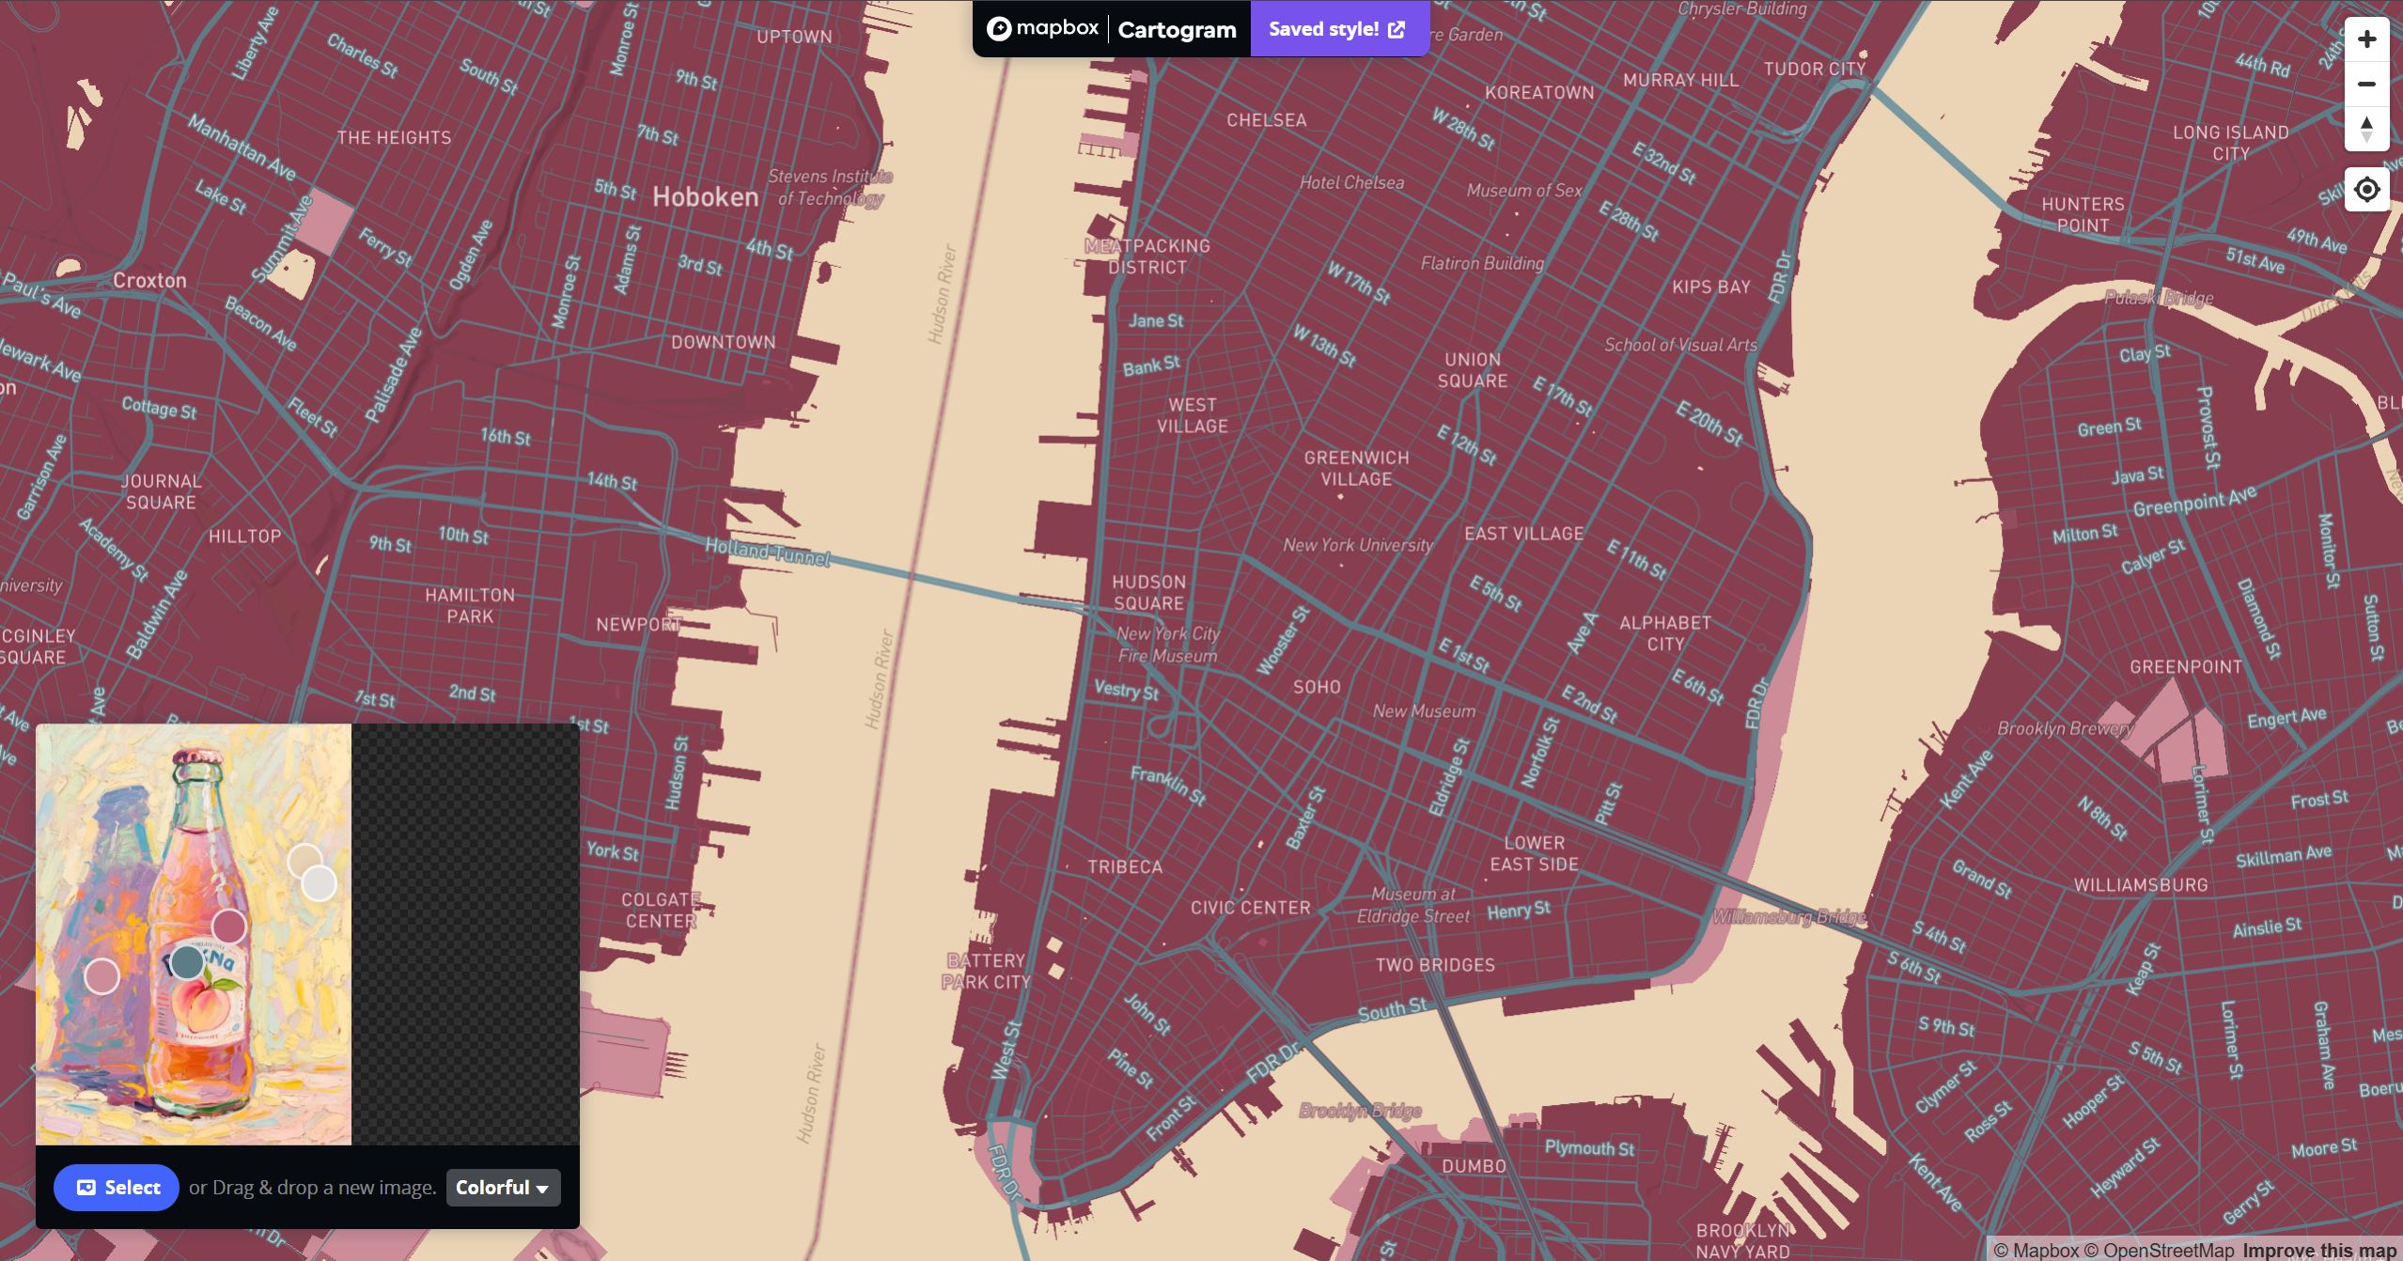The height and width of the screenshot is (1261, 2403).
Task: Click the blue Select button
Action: (x=117, y=1188)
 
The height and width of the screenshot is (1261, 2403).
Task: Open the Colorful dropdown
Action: (x=503, y=1188)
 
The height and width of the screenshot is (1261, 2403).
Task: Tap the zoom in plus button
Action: (x=2366, y=39)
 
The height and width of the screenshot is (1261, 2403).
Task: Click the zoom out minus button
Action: (x=2366, y=85)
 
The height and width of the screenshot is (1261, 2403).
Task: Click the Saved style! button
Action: (x=1337, y=29)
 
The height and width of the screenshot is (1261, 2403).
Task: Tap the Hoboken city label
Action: (x=705, y=197)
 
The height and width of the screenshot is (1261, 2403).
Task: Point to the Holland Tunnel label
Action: (x=767, y=552)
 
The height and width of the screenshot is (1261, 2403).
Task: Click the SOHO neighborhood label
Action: (x=1317, y=687)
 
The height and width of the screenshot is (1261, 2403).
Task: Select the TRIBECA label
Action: (x=1125, y=866)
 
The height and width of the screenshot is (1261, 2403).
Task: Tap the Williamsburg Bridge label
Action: (x=1789, y=917)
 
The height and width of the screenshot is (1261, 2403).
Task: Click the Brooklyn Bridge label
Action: (x=1360, y=1111)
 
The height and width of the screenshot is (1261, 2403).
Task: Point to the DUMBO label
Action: (x=1474, y=1166)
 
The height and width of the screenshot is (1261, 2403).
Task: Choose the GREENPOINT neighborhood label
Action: (x=2186, y=667)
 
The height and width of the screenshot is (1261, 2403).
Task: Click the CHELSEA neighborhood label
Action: (x=1266, y=120)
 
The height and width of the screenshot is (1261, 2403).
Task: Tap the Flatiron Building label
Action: (x=1482, y=264)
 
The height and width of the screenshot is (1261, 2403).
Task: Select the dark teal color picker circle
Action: (x=187, y=962)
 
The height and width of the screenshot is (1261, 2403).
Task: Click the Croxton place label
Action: (x=149, y=280)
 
